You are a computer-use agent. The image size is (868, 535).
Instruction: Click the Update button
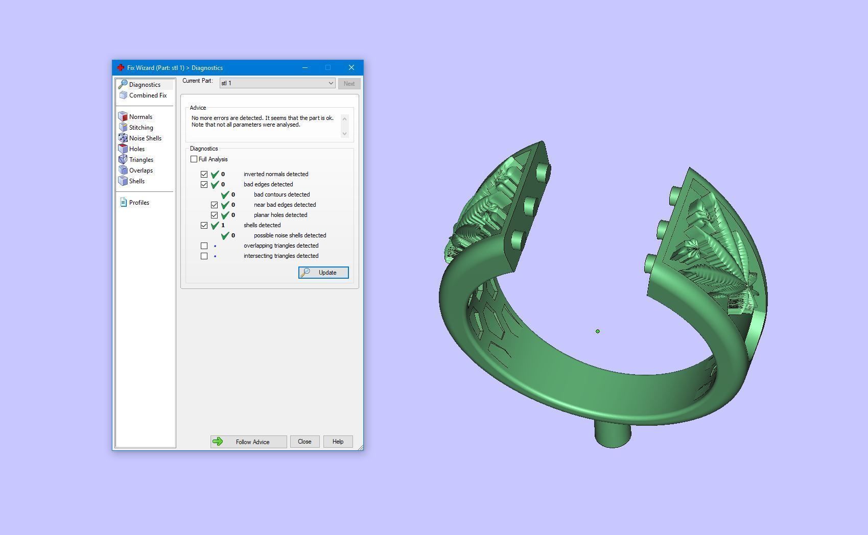(323, 273)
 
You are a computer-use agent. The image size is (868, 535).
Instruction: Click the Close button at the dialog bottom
(304, 442)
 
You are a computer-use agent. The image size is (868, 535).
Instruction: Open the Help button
(338, 442)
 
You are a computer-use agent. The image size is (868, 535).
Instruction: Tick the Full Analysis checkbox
(194, 159)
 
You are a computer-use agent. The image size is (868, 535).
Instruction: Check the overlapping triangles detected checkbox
(204, 246)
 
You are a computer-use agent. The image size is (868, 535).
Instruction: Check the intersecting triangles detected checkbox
(204, 256)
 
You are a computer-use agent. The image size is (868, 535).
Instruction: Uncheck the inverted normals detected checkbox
(204, 174)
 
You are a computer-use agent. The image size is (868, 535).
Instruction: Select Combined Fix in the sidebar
(148, 95)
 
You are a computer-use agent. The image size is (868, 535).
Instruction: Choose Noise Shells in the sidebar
(145, 138)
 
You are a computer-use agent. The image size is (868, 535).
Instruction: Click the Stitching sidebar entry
(141, 128)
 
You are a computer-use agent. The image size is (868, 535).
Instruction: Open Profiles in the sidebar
(139, 203)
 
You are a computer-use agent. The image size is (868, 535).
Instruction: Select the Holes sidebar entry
(136, 149)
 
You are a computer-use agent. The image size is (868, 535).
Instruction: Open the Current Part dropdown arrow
(331, 83)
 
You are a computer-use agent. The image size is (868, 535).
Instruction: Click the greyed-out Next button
(349, 84)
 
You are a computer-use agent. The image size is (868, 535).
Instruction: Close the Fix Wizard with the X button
(351, 67)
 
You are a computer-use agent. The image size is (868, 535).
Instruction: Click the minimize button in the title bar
(305, 67)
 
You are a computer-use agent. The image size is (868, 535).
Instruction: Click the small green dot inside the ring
(598, 331)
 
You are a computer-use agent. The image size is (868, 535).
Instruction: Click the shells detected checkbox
(204, 225)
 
